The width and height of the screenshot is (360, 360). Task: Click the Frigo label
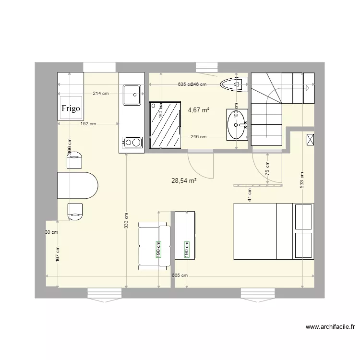(x=71, y=108)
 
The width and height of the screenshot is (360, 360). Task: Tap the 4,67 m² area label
(x=199, y=110)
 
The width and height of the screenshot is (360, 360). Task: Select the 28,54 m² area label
(x=184, y=181)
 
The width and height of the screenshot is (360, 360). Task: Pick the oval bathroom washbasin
(x=237, y=124)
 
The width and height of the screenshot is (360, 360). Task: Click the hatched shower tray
(x=165, y=124)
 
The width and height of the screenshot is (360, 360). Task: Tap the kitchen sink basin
(x=132, y=95)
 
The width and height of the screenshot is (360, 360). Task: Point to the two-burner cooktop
(x=132, y=142)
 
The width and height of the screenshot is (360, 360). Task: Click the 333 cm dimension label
(x=126, y=221)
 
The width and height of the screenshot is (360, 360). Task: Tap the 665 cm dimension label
(x=180, y=276)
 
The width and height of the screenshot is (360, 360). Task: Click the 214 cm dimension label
(x=100, y=94)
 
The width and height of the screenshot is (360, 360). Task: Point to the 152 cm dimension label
(x=87, y=124)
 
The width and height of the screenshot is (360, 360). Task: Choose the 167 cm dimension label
(x=58, y=254)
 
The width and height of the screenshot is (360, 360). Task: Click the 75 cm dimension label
(x=267, y=168)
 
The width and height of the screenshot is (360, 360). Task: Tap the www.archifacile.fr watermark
(x=331, y=327)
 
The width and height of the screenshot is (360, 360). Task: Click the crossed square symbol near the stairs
(x=310, y=140)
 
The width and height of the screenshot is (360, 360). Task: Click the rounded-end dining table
(x=77, y=185)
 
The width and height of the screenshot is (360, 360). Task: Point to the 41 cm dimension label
(x=250, y=194)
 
